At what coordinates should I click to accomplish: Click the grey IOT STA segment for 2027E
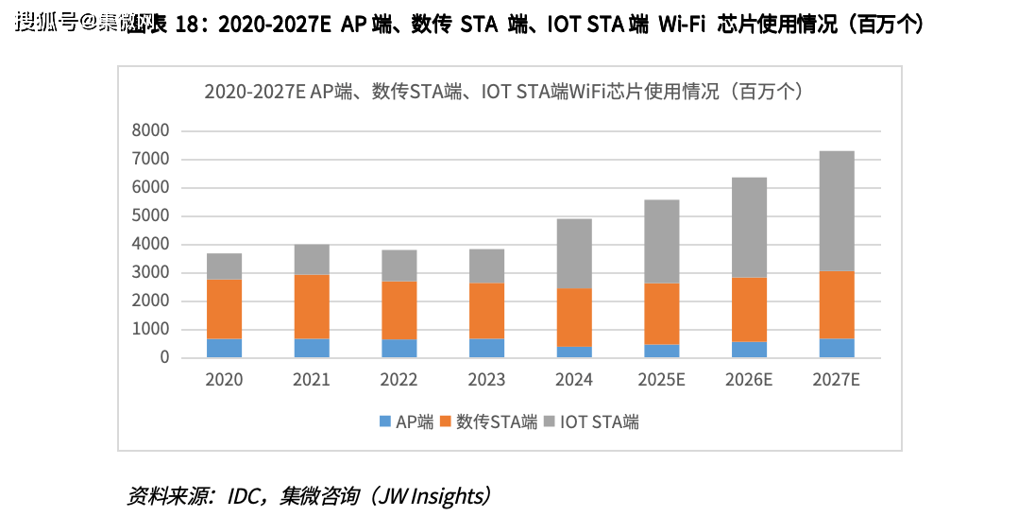pyautogui.click(x=837, y=211)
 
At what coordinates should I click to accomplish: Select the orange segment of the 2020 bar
pyautogui.click(x=224, y=309)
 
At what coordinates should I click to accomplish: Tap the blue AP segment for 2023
pyautogui.click(x=486, y=348)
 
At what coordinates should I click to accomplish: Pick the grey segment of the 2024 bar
pyautogui.click(x=574, y=253)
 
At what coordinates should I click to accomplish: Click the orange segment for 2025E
pyautogui.click(x=662, y=314)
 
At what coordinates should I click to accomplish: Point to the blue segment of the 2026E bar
pyautogui.click(x=749, y=349)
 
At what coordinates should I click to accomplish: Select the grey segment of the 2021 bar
pyautogui.click(x=312, y=260)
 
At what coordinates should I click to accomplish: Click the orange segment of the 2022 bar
pyautogui.click(x=399, y=310)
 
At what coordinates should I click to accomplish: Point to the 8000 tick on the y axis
pyautogui.click(x=150, y=131)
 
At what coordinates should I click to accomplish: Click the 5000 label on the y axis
pyautogui.click(x=150, y=216)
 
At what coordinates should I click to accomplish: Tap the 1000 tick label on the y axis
pyautogui.click(x=150, y=330)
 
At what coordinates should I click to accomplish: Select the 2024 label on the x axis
pyautogui.click(x=574, y=380)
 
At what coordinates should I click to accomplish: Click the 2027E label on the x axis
pyautogui.click(x=837, y=380)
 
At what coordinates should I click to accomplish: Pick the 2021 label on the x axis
pyautogui.click(x=312, y=380)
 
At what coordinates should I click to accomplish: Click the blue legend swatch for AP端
pyautogui.click(x=384, y=422)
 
